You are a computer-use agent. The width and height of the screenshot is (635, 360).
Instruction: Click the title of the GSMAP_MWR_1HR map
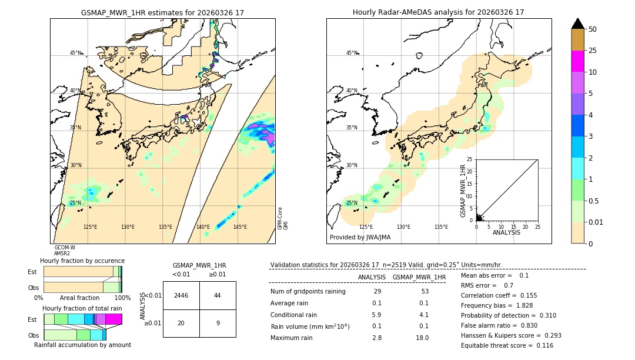click(x=162, y=12)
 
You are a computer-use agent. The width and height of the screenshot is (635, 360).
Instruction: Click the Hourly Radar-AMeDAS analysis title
click(x=438, y=12)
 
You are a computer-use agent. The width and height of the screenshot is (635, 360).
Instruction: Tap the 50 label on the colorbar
click(x=593, y=29)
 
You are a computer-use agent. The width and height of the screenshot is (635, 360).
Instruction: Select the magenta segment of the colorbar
click(x=577, y=61)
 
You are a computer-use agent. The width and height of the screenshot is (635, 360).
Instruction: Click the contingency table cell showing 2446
click(x=181, y=295)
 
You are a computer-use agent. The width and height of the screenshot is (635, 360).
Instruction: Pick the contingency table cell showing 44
click(x=218, y=295)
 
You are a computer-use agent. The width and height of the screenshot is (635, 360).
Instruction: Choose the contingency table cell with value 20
click(x=181, y=323)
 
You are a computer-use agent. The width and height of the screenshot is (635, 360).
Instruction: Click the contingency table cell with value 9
click(x=218, y=323)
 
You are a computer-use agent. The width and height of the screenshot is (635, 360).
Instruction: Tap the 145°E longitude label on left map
click(x=240, y=227)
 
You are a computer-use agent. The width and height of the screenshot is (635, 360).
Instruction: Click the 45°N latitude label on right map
click(x=352, y=54)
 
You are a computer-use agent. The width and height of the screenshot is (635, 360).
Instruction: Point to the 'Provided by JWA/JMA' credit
click(x=360, y=238)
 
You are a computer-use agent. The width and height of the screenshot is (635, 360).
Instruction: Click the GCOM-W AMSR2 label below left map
click(x=65, y=251)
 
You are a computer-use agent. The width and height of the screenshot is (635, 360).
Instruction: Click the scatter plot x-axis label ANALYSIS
click(x=506, y=232)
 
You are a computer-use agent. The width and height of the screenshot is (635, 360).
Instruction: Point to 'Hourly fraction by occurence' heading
click(x=82, y=261)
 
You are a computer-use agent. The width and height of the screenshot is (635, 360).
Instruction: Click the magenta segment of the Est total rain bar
click(x=114, y=319)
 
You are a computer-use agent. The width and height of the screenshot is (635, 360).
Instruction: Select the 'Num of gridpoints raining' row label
click(x=308, y=292)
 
